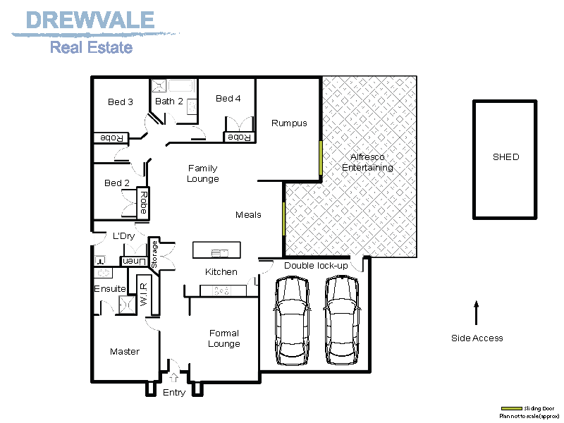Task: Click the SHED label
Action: [505, 157]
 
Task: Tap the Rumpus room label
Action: [289, 123]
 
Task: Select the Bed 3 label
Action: [121, 102]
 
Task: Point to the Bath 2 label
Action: [169, 102]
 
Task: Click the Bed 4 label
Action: [228, 99]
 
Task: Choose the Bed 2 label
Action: [117, 183]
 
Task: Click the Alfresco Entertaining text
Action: [367, 162]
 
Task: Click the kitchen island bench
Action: [216, 251]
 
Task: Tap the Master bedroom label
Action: [125, 352]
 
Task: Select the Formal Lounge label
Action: [224, 339]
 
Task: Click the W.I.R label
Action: [143, 293]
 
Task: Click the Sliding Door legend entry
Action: [529, 409]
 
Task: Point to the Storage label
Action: [154, 254]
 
